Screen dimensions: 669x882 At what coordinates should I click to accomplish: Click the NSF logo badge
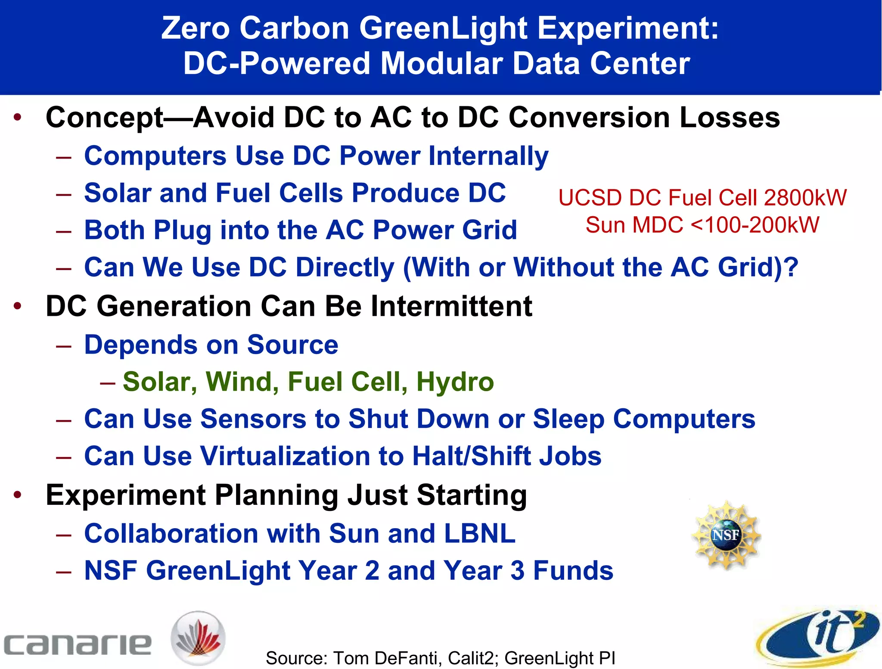click(x=726, y=535)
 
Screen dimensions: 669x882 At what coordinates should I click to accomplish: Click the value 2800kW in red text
click(x=805, y=198)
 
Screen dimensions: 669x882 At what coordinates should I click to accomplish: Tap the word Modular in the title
click(x=442, y=63)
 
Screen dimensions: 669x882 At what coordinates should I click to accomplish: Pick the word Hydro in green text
click(x=455, y=382)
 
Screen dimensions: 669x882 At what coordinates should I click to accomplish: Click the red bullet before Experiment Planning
click(x=18, y=495)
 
